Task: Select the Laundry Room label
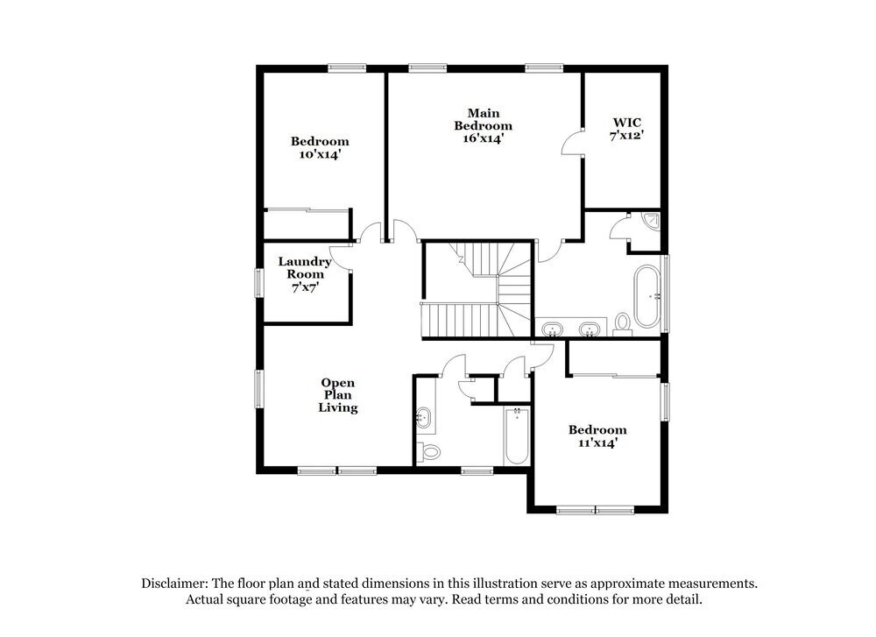(x=304, y=267)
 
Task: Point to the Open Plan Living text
(x=338, y=395)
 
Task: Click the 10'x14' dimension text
(x=320, y=153)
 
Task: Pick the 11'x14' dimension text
(x=597, y=443)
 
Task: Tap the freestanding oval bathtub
(x=648, y=295)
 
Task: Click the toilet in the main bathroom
(x=623, y=322)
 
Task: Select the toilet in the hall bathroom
(x=428, y=452)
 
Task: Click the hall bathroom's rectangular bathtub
(x=516, y=435)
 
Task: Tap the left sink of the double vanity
(x=552, y=329)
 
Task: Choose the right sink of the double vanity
(x=590, y=329)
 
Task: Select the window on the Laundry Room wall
(x=259, y=283)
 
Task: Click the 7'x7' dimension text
(x=304, y=287)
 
